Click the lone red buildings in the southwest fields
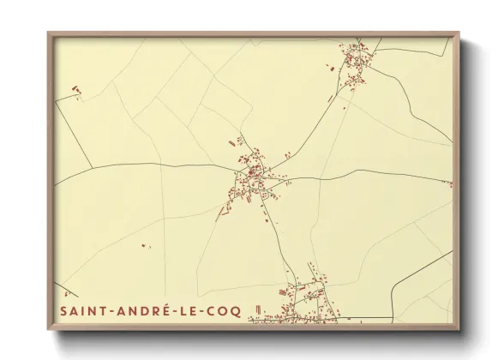click(144, 247)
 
